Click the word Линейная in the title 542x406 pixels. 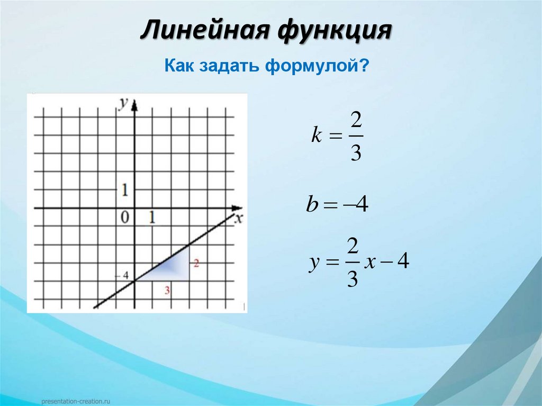(x=203, y=30)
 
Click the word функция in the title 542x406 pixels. (x=333, y=31)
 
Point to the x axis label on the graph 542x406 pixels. (x=238, y=219)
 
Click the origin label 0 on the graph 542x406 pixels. (x=125, y=216)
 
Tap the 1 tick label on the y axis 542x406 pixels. (x=125, y=190)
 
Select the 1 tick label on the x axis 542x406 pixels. (x=152, y=216)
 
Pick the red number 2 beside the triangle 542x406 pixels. (x=196, y=263)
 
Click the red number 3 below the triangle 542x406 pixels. (x=167, y=290)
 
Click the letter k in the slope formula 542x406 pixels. (x=316, y=136)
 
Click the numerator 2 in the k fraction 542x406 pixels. (x=356, y=121)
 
